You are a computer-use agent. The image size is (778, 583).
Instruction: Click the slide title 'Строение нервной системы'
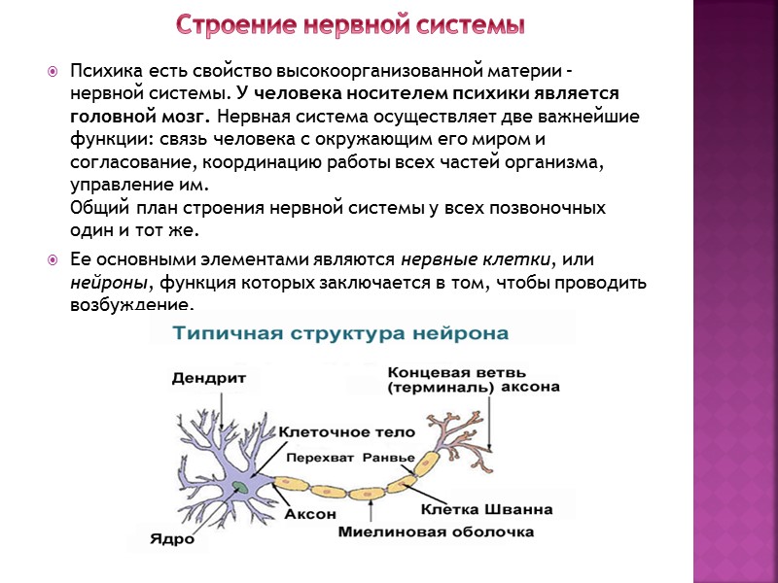click(x=350, y=24)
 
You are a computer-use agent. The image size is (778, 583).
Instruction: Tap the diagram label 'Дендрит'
click(x=208, y=377)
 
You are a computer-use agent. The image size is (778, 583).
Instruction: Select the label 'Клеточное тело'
click(x=346, y=431)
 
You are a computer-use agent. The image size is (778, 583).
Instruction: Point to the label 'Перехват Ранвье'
click(x=351, y=458)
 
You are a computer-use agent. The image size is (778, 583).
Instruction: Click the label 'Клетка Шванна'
click(x=486, y=508)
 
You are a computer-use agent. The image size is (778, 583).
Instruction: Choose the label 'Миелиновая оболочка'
click(x=436, y=532)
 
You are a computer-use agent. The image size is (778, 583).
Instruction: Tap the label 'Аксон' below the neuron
click(x=309, y=514)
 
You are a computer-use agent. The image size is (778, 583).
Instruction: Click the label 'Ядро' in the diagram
click(x=172, y=540)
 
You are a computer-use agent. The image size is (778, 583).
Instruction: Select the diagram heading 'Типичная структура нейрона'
click(x=340, y=333)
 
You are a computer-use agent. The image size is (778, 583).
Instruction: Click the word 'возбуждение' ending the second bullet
click(x=130, y=305)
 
